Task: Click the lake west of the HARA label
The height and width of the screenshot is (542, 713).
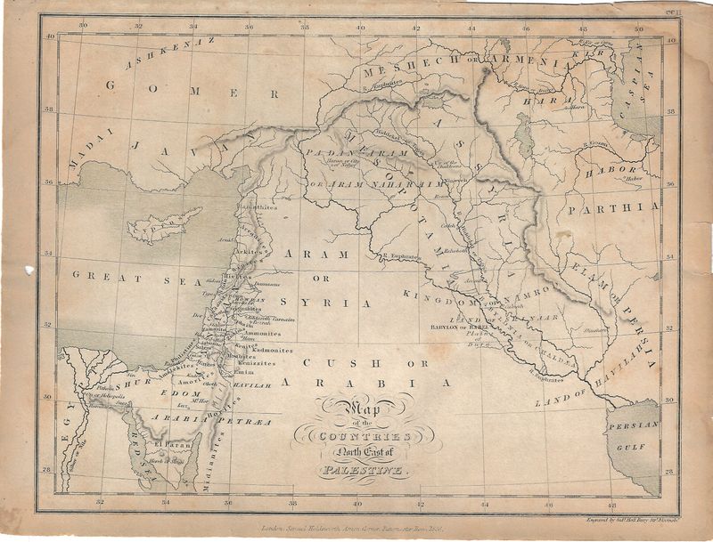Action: tap(525, 135)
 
